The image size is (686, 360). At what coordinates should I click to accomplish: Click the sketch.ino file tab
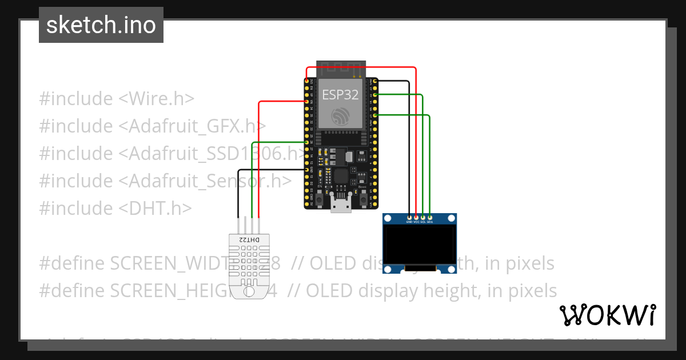pos(101,25)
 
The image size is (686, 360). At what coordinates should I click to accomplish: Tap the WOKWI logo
pos(607,315)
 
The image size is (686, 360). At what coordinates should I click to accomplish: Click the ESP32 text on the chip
pos(340,95)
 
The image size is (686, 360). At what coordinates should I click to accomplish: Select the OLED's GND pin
pos(409,217)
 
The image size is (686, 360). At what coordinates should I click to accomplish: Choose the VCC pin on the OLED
pos(416,217)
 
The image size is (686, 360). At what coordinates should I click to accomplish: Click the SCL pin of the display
pos(423,217)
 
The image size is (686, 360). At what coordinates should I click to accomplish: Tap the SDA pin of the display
pos(430,217)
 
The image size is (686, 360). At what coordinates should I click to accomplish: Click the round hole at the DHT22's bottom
pos(249,291)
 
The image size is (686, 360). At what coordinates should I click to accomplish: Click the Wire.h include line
pos(117,99)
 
